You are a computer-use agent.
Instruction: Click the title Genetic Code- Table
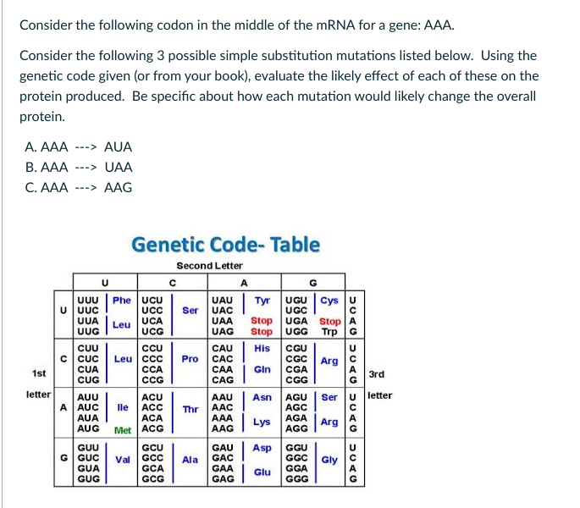(225, 245)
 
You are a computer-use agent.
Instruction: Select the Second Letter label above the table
(209, 266)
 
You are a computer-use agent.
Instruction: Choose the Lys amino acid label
(262, 422)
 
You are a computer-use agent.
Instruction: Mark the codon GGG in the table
(298, 478)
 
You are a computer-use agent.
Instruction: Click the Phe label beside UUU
(122, 300)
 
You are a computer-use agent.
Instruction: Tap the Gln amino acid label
(262, 368)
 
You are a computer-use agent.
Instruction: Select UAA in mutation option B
(118, 167)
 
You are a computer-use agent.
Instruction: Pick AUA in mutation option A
(118, 146)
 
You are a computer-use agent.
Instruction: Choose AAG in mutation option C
(118, 187)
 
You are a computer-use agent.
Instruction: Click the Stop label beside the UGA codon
(329, 322)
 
